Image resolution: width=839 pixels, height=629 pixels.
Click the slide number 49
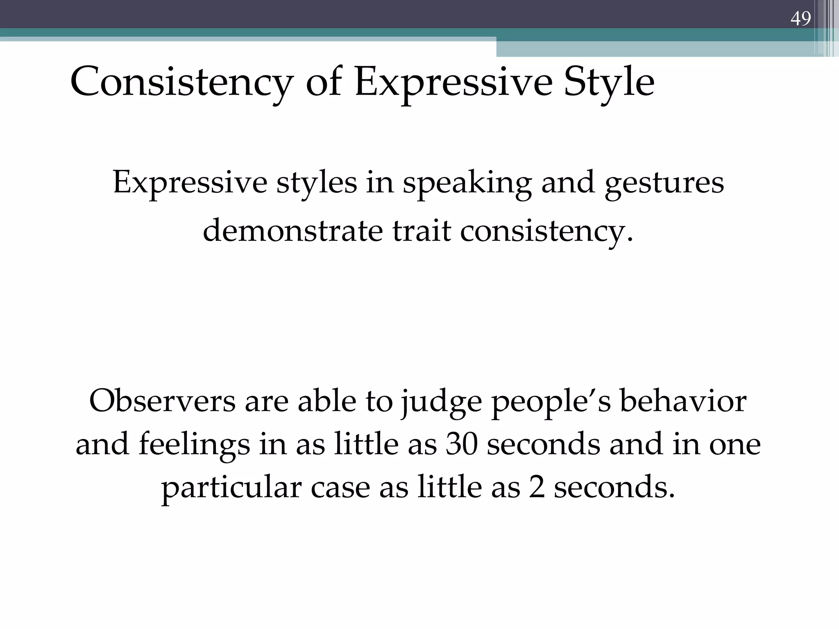coord(800,19)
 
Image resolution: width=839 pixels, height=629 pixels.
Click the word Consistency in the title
coord(181,83)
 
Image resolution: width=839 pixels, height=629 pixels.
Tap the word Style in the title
coord(609,83)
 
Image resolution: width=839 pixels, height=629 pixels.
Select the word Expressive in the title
coord(454,83)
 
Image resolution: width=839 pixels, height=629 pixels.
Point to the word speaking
coord(467,183)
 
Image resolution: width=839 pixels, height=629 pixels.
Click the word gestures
coord(664,183)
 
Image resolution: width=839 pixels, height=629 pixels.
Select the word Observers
coord(162,401)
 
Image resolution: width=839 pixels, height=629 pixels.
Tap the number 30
coord(462,445)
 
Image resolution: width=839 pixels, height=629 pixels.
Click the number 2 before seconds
coord(537,488)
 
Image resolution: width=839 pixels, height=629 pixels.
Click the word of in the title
coord(324,83)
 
